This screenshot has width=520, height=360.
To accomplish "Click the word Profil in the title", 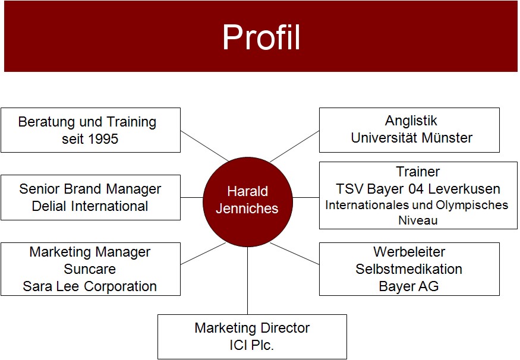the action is click(x=261, y=37).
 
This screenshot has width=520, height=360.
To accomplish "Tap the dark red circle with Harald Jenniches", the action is click(x=248, y=202).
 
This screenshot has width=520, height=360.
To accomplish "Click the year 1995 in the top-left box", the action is click(x=103, y=139).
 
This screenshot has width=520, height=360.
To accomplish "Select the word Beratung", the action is click(x=46, y=122).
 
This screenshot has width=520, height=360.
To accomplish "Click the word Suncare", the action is click(x=90, y=269).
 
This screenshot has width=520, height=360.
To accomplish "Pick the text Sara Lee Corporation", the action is click(x=90, y=286).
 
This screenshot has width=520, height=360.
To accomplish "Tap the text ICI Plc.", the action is click(x=252, y=345).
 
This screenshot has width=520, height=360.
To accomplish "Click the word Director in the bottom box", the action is click(x=282, y=328).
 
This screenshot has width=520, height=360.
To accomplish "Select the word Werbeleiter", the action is click(x=409, y=252).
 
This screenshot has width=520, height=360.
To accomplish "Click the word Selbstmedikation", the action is click(x=409, y=269).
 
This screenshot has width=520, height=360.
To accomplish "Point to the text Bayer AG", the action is click(x=409, y=286).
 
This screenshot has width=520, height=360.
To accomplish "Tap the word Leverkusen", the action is click(x=464, y=189).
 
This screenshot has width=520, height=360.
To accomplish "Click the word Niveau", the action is click(x=418, y=220).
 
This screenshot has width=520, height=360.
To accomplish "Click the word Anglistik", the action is click(x=411, y=121).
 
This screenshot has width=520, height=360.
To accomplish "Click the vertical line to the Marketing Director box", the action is click(x=247, y=281).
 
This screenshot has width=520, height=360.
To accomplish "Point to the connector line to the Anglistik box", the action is click(x=295, y=147).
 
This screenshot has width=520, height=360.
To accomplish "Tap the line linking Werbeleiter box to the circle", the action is click(x=295, y=254).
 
